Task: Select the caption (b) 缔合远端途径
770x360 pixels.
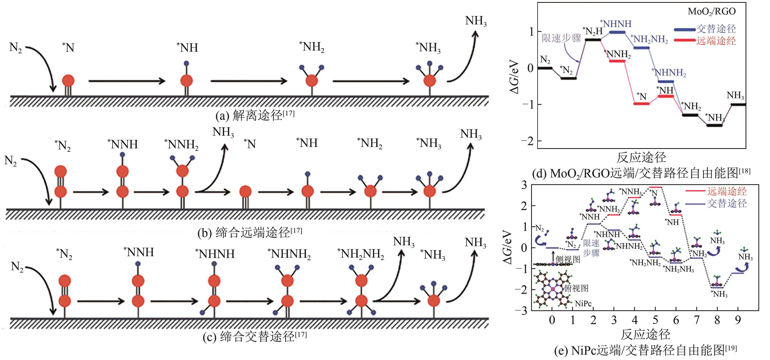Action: point(250,232)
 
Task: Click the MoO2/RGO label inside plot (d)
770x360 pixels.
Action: point(711,11)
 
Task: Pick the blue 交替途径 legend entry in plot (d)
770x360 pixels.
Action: point(705,29)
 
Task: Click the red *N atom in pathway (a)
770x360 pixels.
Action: point(68,81)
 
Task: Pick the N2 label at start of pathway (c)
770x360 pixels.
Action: point(17,266)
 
